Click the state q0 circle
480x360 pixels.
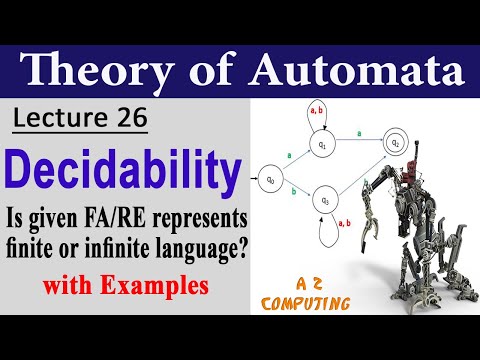click(x=269, y=181)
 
